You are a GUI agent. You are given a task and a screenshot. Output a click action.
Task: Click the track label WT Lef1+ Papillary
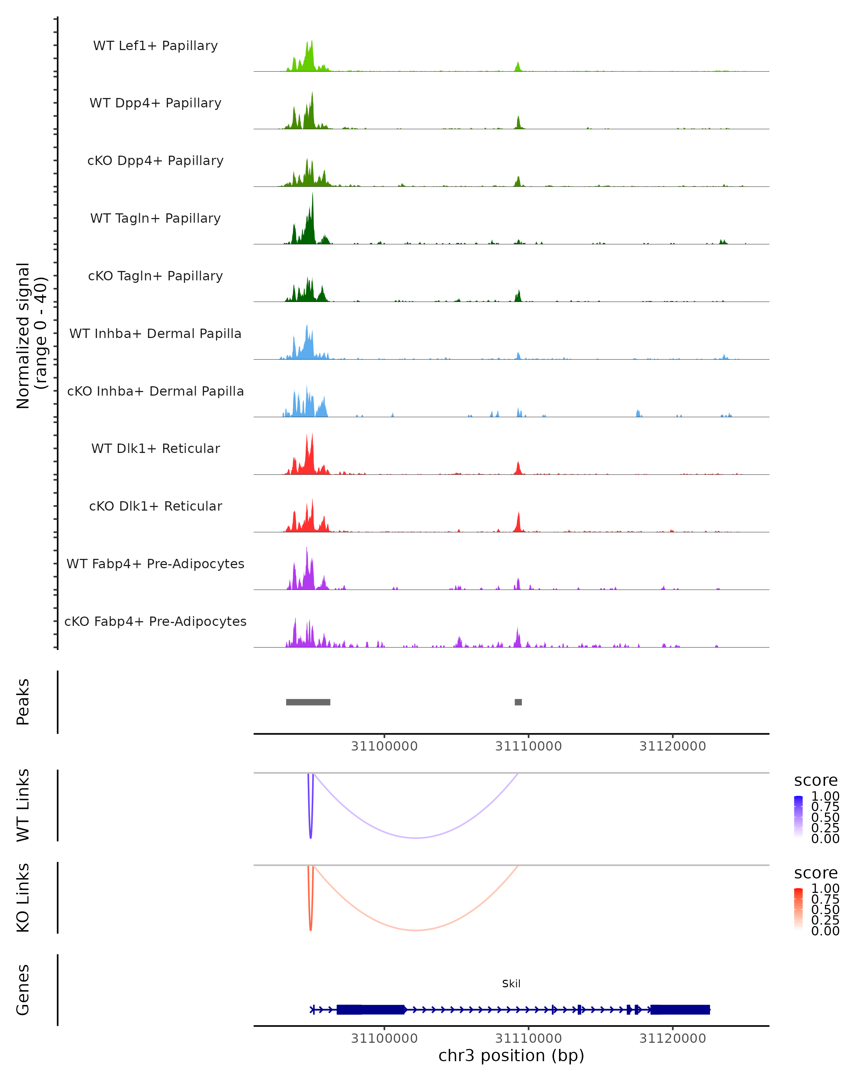[x=155, y=46]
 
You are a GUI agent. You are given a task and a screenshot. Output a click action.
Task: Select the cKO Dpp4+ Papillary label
[x=155, y=161]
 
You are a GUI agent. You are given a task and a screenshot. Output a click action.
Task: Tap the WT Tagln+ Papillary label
[x=155, y=219]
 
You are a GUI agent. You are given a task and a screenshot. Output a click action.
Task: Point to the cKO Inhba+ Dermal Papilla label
[x=155, y=392]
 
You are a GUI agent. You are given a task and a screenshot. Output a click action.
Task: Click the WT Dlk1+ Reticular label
[x=155, y=449]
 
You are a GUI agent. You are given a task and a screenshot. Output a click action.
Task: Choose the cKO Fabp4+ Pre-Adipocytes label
[x=155, y=622]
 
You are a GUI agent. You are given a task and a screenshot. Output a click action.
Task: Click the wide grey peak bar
[x=308, y=702]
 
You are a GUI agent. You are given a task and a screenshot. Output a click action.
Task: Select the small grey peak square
[x=518, y=702]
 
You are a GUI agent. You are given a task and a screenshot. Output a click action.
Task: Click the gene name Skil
[x=511, y=984]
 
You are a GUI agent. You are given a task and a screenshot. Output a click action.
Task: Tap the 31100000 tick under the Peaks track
[x=384, y=746]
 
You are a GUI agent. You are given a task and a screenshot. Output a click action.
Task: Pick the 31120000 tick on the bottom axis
[x=673, y=1038]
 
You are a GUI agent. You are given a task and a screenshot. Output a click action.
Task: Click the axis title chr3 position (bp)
[x=511, y=1056]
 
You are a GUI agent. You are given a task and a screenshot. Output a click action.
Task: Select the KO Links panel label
[x=23, y=898]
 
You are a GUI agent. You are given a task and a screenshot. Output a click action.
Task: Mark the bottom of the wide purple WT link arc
[x=416, y=838]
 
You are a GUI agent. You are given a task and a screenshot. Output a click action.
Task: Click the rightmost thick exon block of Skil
[x=680, y=1010]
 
